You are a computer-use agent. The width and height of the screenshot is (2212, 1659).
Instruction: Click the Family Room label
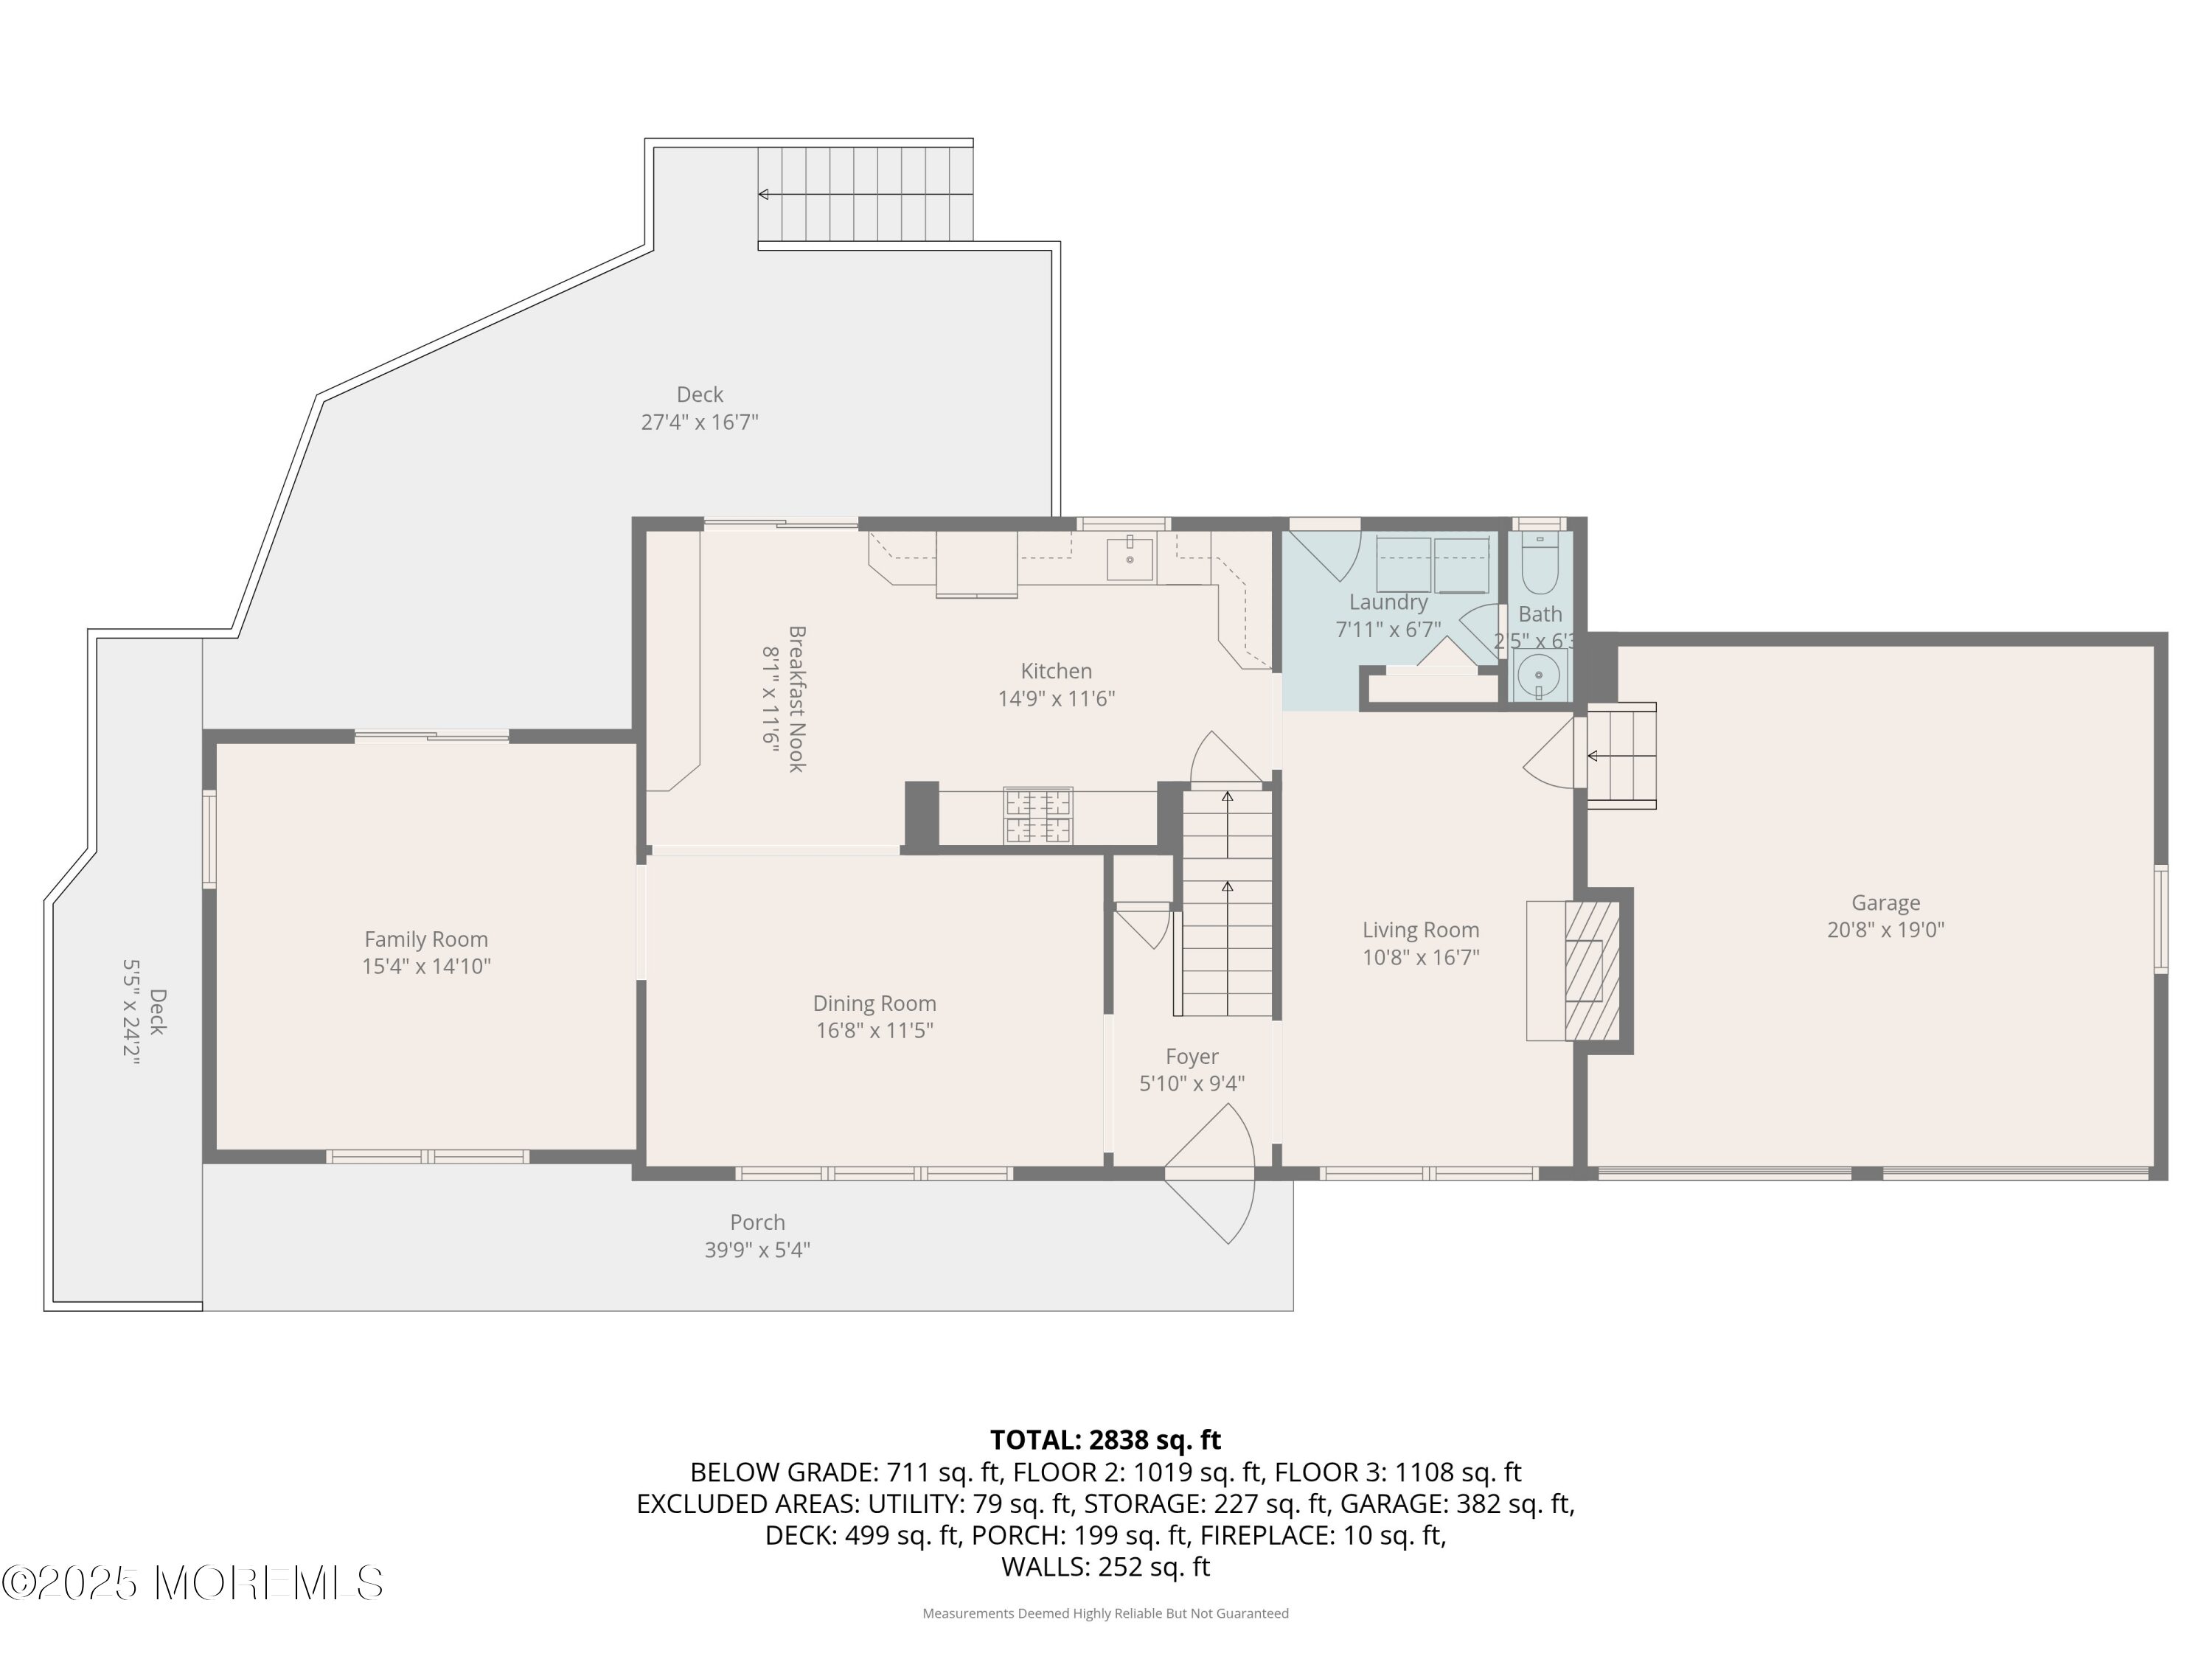point(426,939)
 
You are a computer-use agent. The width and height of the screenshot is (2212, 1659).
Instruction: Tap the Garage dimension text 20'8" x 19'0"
point(1886,930)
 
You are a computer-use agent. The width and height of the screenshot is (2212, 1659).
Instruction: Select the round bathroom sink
point(1539,677)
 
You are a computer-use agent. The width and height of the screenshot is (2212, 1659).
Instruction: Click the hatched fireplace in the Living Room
point(1592,970)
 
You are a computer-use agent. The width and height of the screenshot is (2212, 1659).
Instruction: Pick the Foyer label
point(1192,1057)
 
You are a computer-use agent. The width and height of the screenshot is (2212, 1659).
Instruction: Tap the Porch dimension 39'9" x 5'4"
point(757,1250)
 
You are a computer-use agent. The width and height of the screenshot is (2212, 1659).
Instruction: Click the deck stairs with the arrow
point(865,194)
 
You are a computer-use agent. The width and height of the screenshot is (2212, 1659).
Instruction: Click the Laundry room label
point(1388,602)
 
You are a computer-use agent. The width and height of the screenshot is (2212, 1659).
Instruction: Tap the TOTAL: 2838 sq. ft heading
point(1105,1440)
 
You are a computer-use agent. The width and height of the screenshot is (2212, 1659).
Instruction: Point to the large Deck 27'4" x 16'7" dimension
point(700,422)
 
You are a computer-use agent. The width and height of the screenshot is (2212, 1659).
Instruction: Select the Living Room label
point(1421,930)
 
